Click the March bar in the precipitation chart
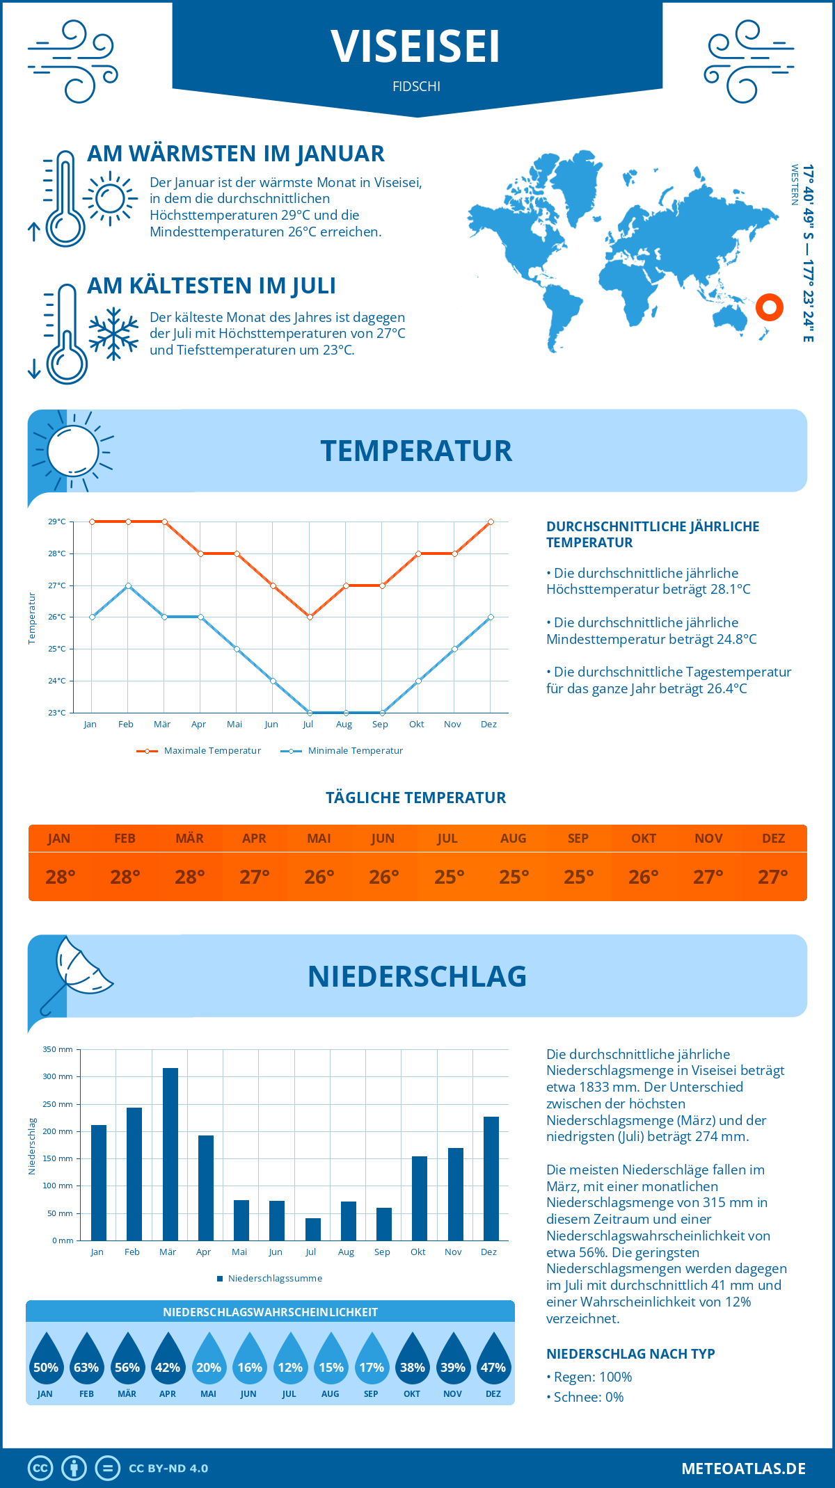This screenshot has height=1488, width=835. tap(170, 1154)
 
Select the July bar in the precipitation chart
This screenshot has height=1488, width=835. tap(313, 1229)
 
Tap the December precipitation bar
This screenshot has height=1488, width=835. tap(491, 1179)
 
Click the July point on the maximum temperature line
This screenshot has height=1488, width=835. tap(310, 617)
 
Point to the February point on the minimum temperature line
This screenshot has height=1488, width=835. tap(128, 585)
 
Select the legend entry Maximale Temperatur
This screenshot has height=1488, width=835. tap(199, 751)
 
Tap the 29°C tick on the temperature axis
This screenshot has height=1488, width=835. tap(57, 521)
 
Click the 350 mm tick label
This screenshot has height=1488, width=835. tap(58, 1049)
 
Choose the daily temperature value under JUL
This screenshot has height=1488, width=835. tap(449, 877)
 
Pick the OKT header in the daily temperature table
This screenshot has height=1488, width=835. tap(644, 839)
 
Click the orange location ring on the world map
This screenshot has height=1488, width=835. tap(770, 307)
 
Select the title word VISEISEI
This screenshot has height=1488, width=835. tap(416, 47)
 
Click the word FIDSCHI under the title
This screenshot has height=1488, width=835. tap(416, 86)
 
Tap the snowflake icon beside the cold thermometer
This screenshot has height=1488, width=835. tap(113, 334)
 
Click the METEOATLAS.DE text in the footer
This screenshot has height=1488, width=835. tap(743, 1469)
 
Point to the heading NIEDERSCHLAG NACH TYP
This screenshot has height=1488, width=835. tap(630, 1354)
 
